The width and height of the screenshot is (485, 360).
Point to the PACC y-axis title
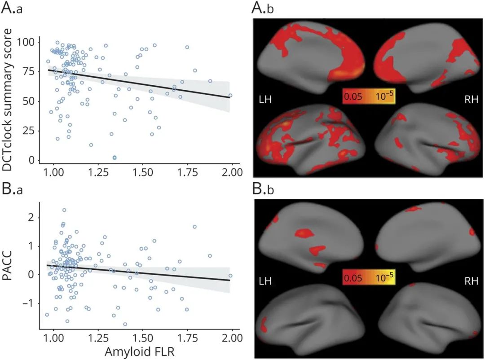9,267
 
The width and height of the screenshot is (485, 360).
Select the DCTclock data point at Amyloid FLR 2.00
230,95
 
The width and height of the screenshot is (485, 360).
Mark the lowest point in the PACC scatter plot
125,324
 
